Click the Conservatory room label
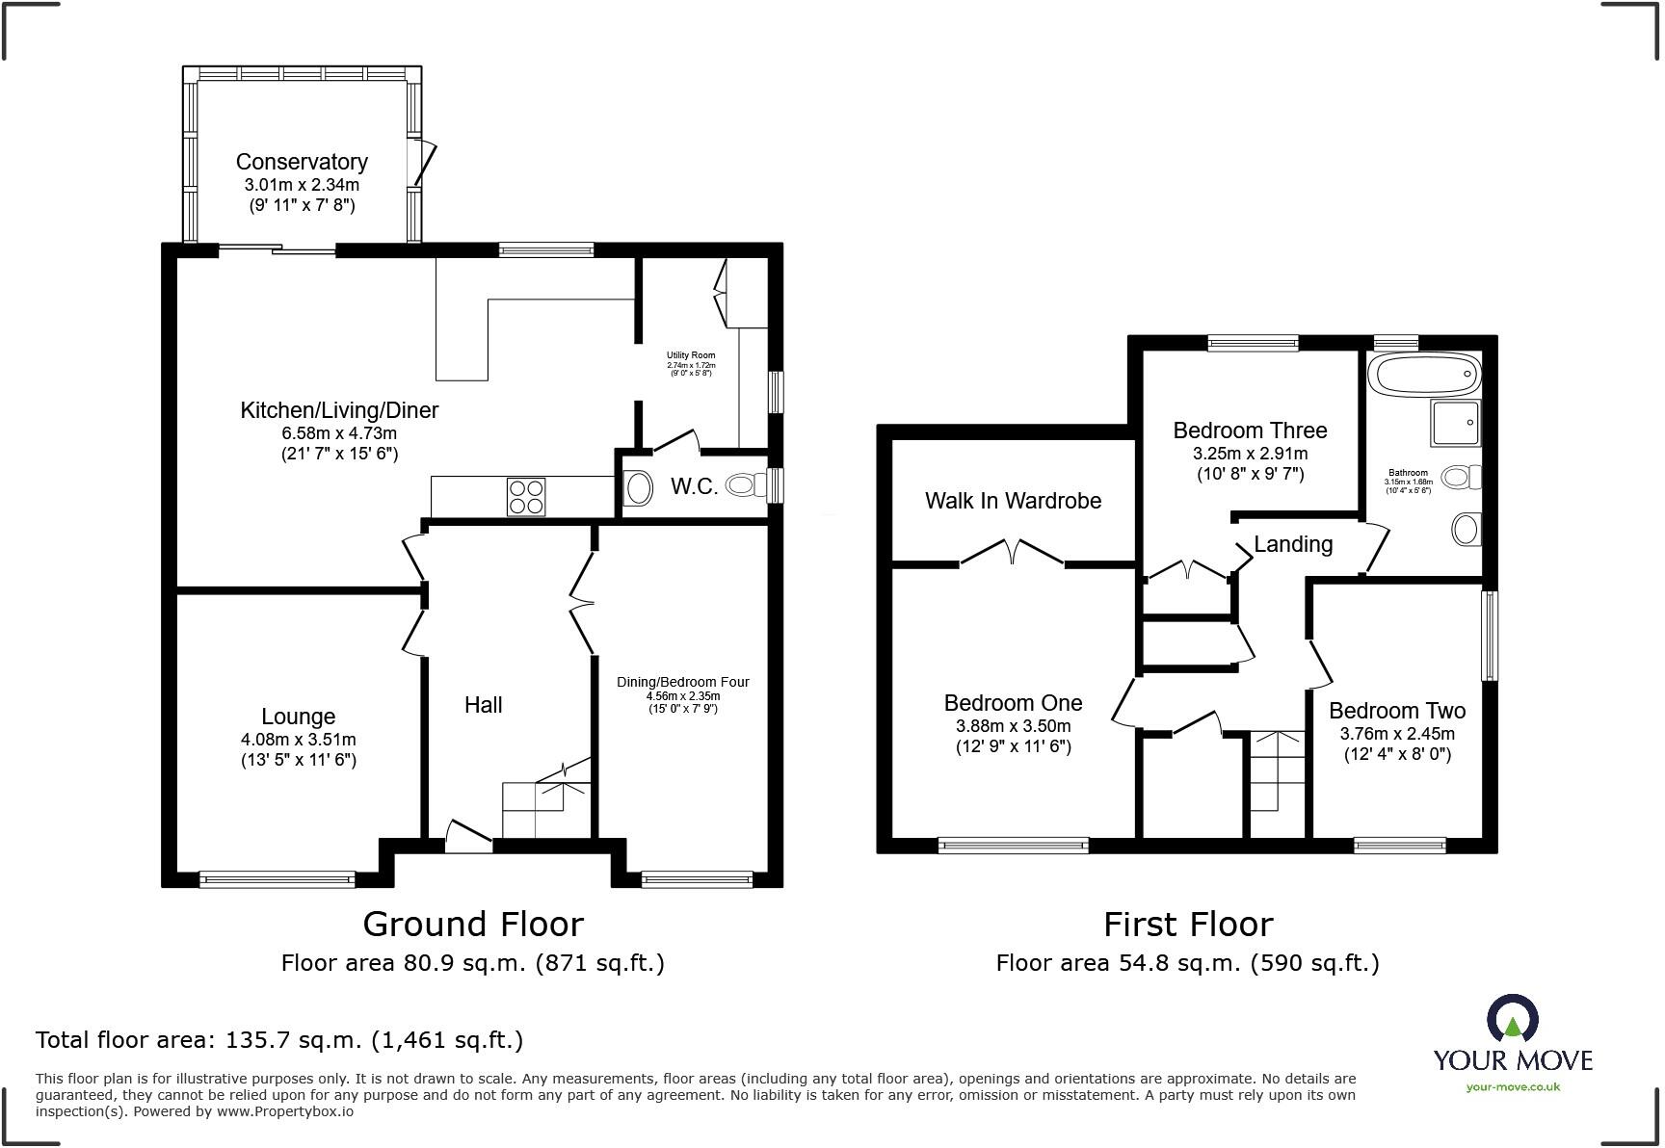[x=302, y=162]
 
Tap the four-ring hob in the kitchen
[x=526, y=496]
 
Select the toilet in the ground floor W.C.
[x=743, y=484]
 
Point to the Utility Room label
[x=691, y=355]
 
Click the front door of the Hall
[x=469, y=834]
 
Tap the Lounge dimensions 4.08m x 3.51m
[x=299, y=740]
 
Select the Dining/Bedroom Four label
[x=683, y=682]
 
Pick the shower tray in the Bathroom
[x=1455, y=424]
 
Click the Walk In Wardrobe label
[x=1013, y=501]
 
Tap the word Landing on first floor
[x=1293, y=544]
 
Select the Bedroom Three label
[x=1250, y=430]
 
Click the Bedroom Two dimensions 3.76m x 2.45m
[x=1397, y=733]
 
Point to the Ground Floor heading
[x=473, y=925]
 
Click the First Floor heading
[x=1188, y=925]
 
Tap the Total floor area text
[x=279, y=1040]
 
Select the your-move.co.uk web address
[x=1513, y=1087]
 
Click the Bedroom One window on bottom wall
[x=1014, y=846]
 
